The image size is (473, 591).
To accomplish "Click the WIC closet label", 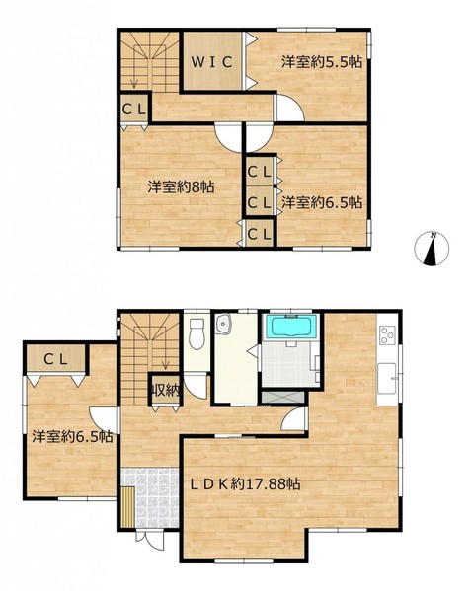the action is tap(211, 62).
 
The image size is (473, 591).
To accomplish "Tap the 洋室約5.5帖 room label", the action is tap(322, 62).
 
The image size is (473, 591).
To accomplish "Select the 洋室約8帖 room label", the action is tap(181, 186).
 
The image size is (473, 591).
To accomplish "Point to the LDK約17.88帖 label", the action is tap(245, 483).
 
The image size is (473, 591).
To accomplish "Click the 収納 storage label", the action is tap(165, 392).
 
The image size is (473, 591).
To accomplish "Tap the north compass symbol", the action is tap(432, 250).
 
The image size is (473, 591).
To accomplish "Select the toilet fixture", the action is tap(197, 333).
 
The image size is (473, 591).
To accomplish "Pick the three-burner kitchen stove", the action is tap(387, 334).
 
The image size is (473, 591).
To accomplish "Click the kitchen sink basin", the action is tap(387, 379).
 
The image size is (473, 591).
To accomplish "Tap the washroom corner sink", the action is tap(223, 325).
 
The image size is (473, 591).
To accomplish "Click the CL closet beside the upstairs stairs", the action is tap(134, 110).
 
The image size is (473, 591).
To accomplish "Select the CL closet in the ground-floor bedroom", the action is tap(56, 359).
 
